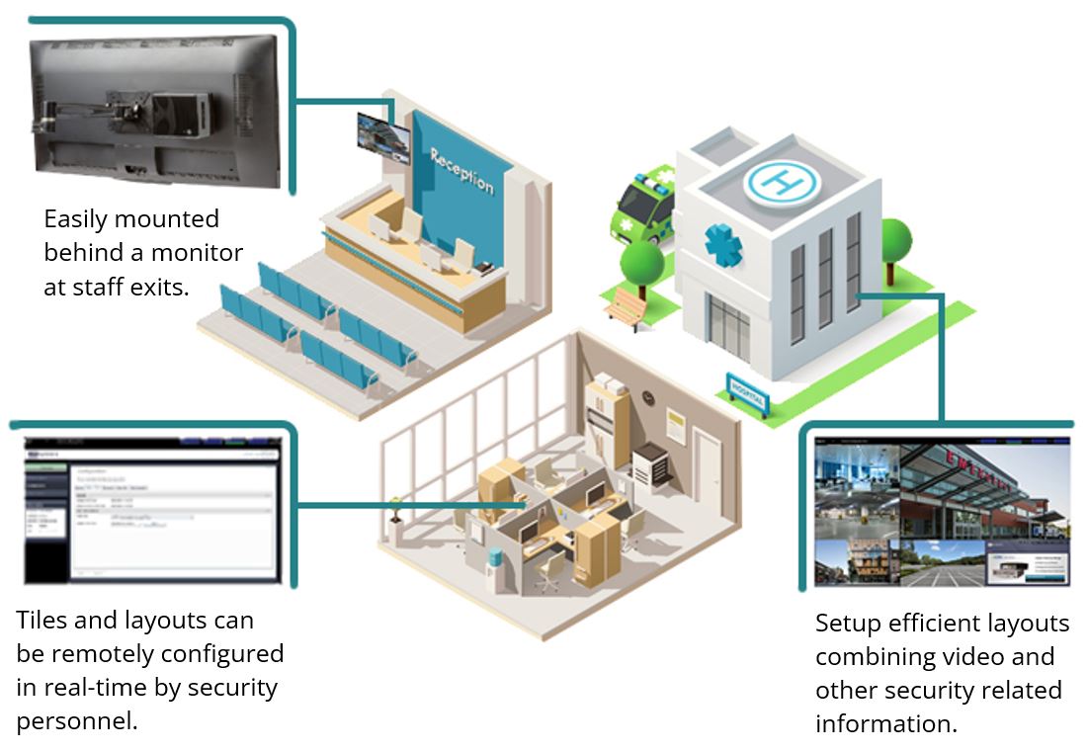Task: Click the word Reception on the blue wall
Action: (x=460, y=170)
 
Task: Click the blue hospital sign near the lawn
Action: (x=748, y=395)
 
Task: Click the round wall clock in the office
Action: (x=647, y=396)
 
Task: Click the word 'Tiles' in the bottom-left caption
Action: (x=42, y=621)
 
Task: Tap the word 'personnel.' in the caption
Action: (x=76, y=720)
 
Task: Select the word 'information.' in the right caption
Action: (x=885, y=723)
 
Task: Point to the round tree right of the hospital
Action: (x=893, y=241)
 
